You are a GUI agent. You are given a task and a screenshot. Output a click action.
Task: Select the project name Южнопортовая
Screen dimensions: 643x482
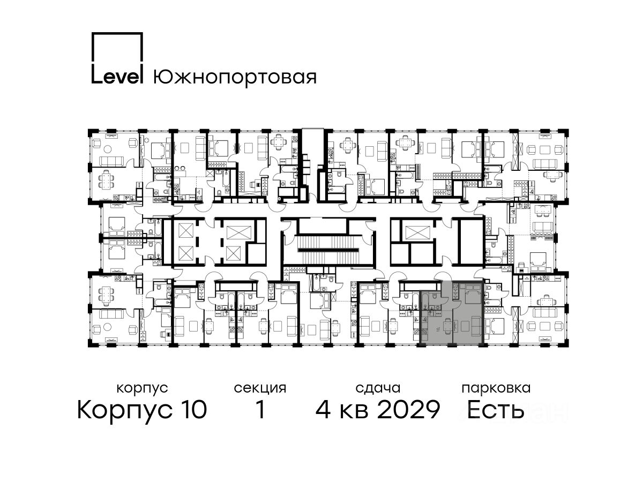(235, 78)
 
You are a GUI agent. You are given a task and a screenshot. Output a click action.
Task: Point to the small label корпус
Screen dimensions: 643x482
(142, 389)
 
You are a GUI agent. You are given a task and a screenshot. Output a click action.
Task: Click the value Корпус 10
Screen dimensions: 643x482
(142, 410)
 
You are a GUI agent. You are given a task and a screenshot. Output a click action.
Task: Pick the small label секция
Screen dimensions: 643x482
(260, 389)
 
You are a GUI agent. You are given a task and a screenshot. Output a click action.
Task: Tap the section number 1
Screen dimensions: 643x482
(260, 410)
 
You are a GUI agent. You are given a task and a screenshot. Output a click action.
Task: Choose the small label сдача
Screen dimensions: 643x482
(378, 388)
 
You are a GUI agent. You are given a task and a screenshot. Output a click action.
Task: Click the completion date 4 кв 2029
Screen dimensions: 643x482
(378, 410)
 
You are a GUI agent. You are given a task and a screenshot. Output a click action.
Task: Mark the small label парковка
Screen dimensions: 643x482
(496, 388)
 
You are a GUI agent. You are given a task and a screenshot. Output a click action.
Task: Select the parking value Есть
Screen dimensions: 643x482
(495, 410)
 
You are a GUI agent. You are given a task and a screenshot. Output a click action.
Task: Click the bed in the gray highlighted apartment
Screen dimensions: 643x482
(472, 293)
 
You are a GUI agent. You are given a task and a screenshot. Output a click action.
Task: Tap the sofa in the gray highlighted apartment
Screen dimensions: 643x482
(476, 326)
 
